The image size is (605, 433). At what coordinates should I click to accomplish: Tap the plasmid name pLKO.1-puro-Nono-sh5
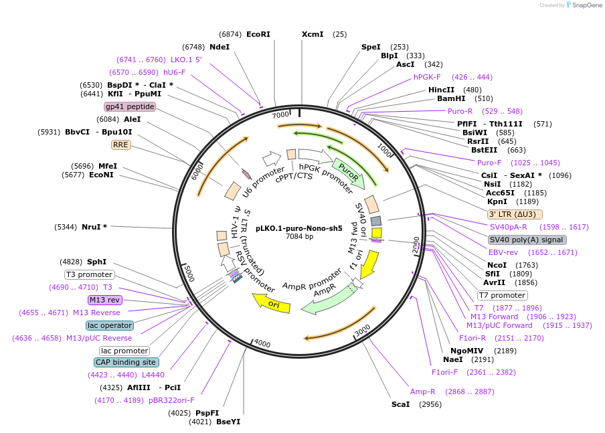pos(299,228)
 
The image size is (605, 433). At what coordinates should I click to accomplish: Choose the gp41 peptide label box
pos(130,106)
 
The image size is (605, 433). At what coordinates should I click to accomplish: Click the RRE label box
pos(120,145)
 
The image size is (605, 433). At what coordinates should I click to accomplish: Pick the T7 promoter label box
pos(502,295)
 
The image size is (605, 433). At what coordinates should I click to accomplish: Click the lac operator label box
pos(110,325)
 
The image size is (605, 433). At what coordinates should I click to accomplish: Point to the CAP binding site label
pos(126,362)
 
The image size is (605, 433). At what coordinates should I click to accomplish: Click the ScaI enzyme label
pos(400,404)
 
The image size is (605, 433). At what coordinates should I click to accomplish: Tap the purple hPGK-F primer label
pos(427,77)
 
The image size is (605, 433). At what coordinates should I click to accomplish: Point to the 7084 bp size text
pos(299,236)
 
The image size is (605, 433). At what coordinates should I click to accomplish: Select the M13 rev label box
pos(105,300)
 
